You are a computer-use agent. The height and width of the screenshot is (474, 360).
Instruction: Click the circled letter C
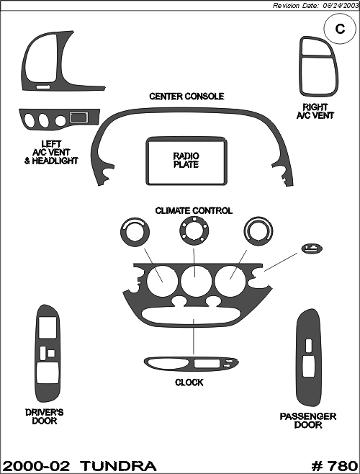340,29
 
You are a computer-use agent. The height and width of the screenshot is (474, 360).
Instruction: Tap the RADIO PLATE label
186,160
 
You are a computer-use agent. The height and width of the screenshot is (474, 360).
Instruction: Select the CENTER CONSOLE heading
186,97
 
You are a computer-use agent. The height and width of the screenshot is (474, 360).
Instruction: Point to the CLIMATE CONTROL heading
194,210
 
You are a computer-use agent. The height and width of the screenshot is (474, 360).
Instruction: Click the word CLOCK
189,383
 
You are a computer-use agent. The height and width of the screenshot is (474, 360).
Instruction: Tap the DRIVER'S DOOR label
45,416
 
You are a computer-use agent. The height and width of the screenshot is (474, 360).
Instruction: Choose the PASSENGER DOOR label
308,421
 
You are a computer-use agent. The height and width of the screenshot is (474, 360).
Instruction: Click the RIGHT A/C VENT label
315,111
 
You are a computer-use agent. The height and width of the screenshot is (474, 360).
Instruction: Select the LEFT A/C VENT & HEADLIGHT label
51,153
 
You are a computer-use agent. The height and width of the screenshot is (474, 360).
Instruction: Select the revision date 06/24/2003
341,6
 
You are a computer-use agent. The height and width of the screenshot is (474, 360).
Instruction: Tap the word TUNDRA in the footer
119,466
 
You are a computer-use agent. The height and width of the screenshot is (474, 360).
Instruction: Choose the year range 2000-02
36,466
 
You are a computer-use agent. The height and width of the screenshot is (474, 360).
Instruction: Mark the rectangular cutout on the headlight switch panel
78,117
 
